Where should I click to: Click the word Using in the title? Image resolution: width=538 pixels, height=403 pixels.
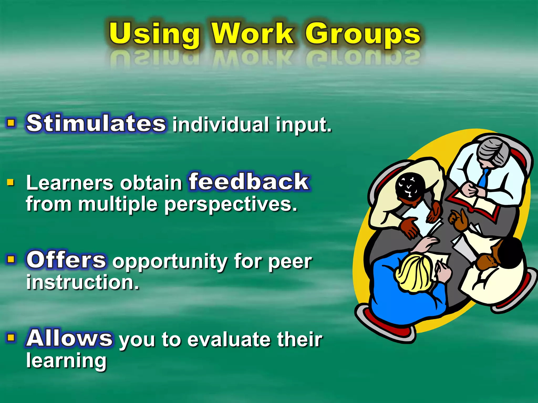point(154,34)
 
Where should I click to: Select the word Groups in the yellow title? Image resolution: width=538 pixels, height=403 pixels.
point(363,34)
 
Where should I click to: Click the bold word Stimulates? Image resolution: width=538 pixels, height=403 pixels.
point(96,123)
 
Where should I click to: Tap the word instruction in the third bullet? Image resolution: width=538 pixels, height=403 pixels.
point(82,282)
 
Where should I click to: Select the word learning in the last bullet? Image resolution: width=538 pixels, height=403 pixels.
point(66,361)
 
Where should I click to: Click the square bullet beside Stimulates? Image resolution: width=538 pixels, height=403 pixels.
point(11,123)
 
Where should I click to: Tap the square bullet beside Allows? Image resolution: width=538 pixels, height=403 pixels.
point(11,337)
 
